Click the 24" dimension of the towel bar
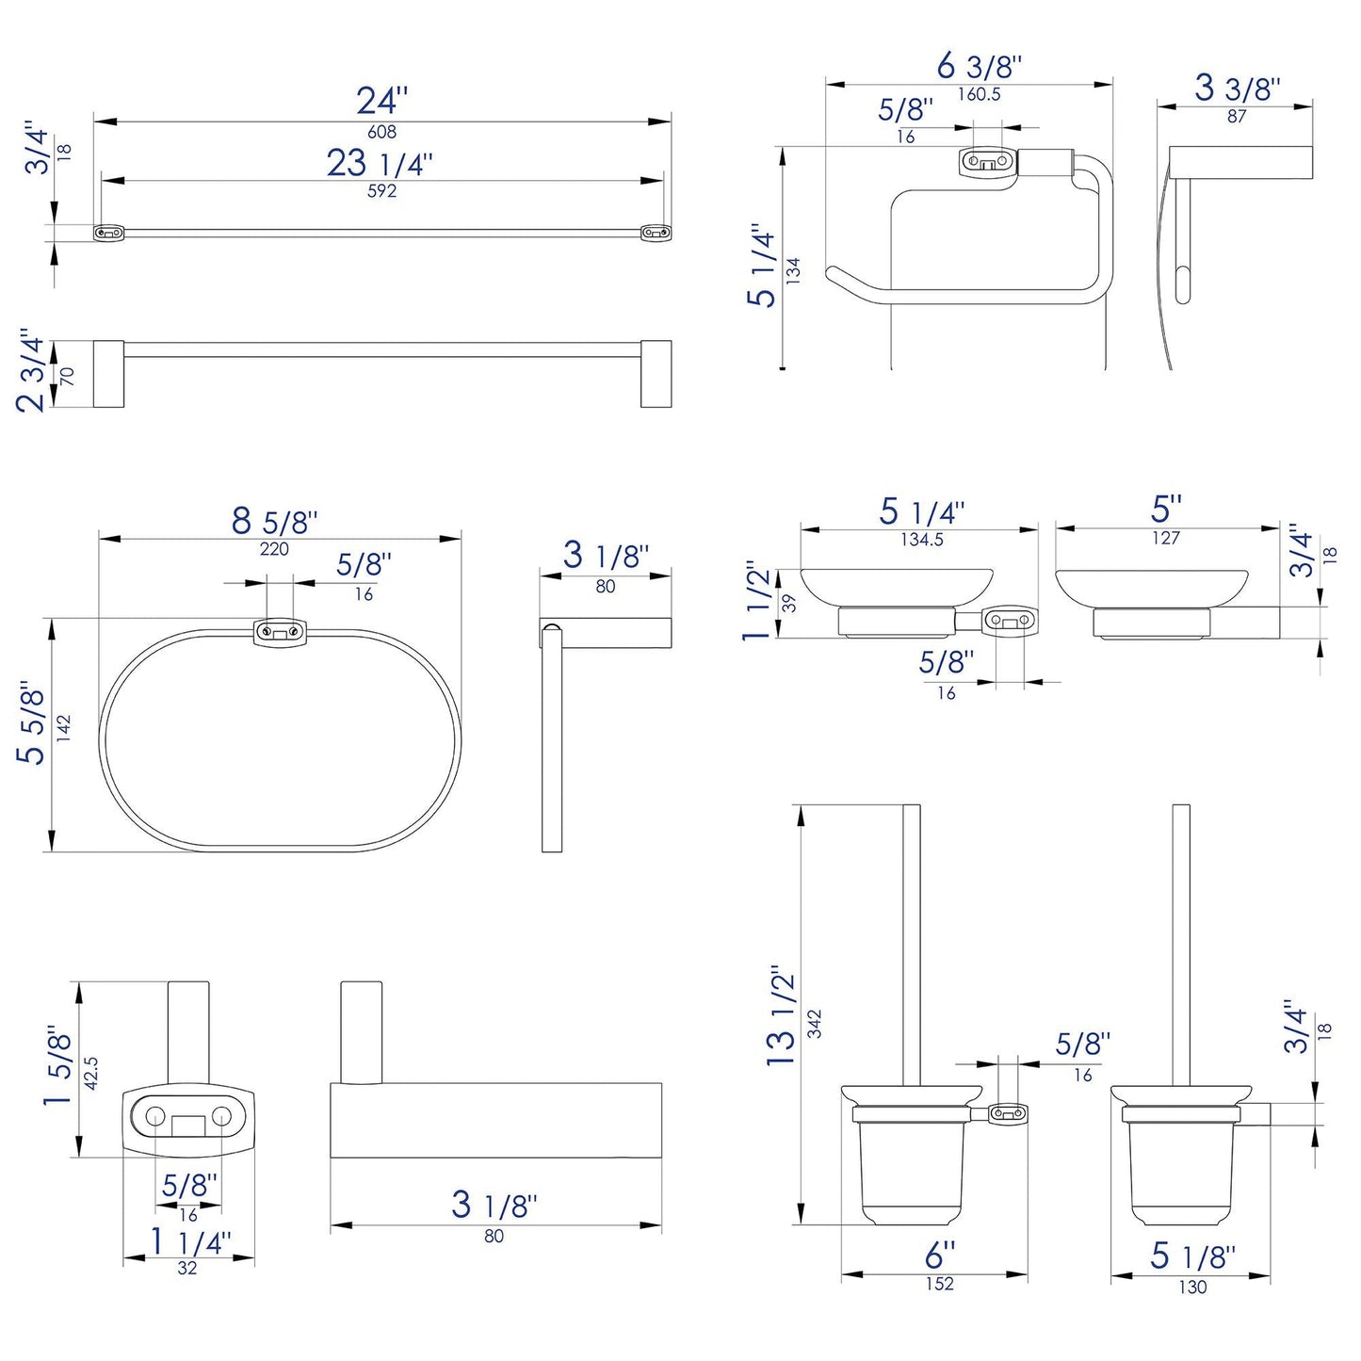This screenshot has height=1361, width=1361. tap(381, 101)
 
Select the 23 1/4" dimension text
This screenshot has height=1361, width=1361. tap(380, 164)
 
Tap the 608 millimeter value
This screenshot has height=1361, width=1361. tap(381, 133)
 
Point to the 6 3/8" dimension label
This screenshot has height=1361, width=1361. tap(979, 67)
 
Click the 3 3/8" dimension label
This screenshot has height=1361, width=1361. tap(1237, 89)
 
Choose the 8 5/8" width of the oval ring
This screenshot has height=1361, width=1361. tap(274, 522)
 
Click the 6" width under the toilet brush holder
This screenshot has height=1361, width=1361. tap(939, 1256)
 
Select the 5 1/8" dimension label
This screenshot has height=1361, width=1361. tap(1191, 1256)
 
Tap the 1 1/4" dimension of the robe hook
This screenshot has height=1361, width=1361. tap(189, 1242)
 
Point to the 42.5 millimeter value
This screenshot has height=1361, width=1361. tap(91, 1073)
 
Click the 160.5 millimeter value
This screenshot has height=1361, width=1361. tap(979, 94)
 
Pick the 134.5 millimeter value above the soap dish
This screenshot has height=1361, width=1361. tap(921, 540)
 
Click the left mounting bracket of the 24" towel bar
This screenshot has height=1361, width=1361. tap(108, 232)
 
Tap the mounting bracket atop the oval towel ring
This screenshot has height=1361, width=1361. tap(280, 631)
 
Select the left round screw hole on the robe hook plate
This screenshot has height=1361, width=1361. tap(154, 1117)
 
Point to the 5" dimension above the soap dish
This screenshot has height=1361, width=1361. tap(1166, 510)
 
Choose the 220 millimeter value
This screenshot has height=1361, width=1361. tap(274, 549)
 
